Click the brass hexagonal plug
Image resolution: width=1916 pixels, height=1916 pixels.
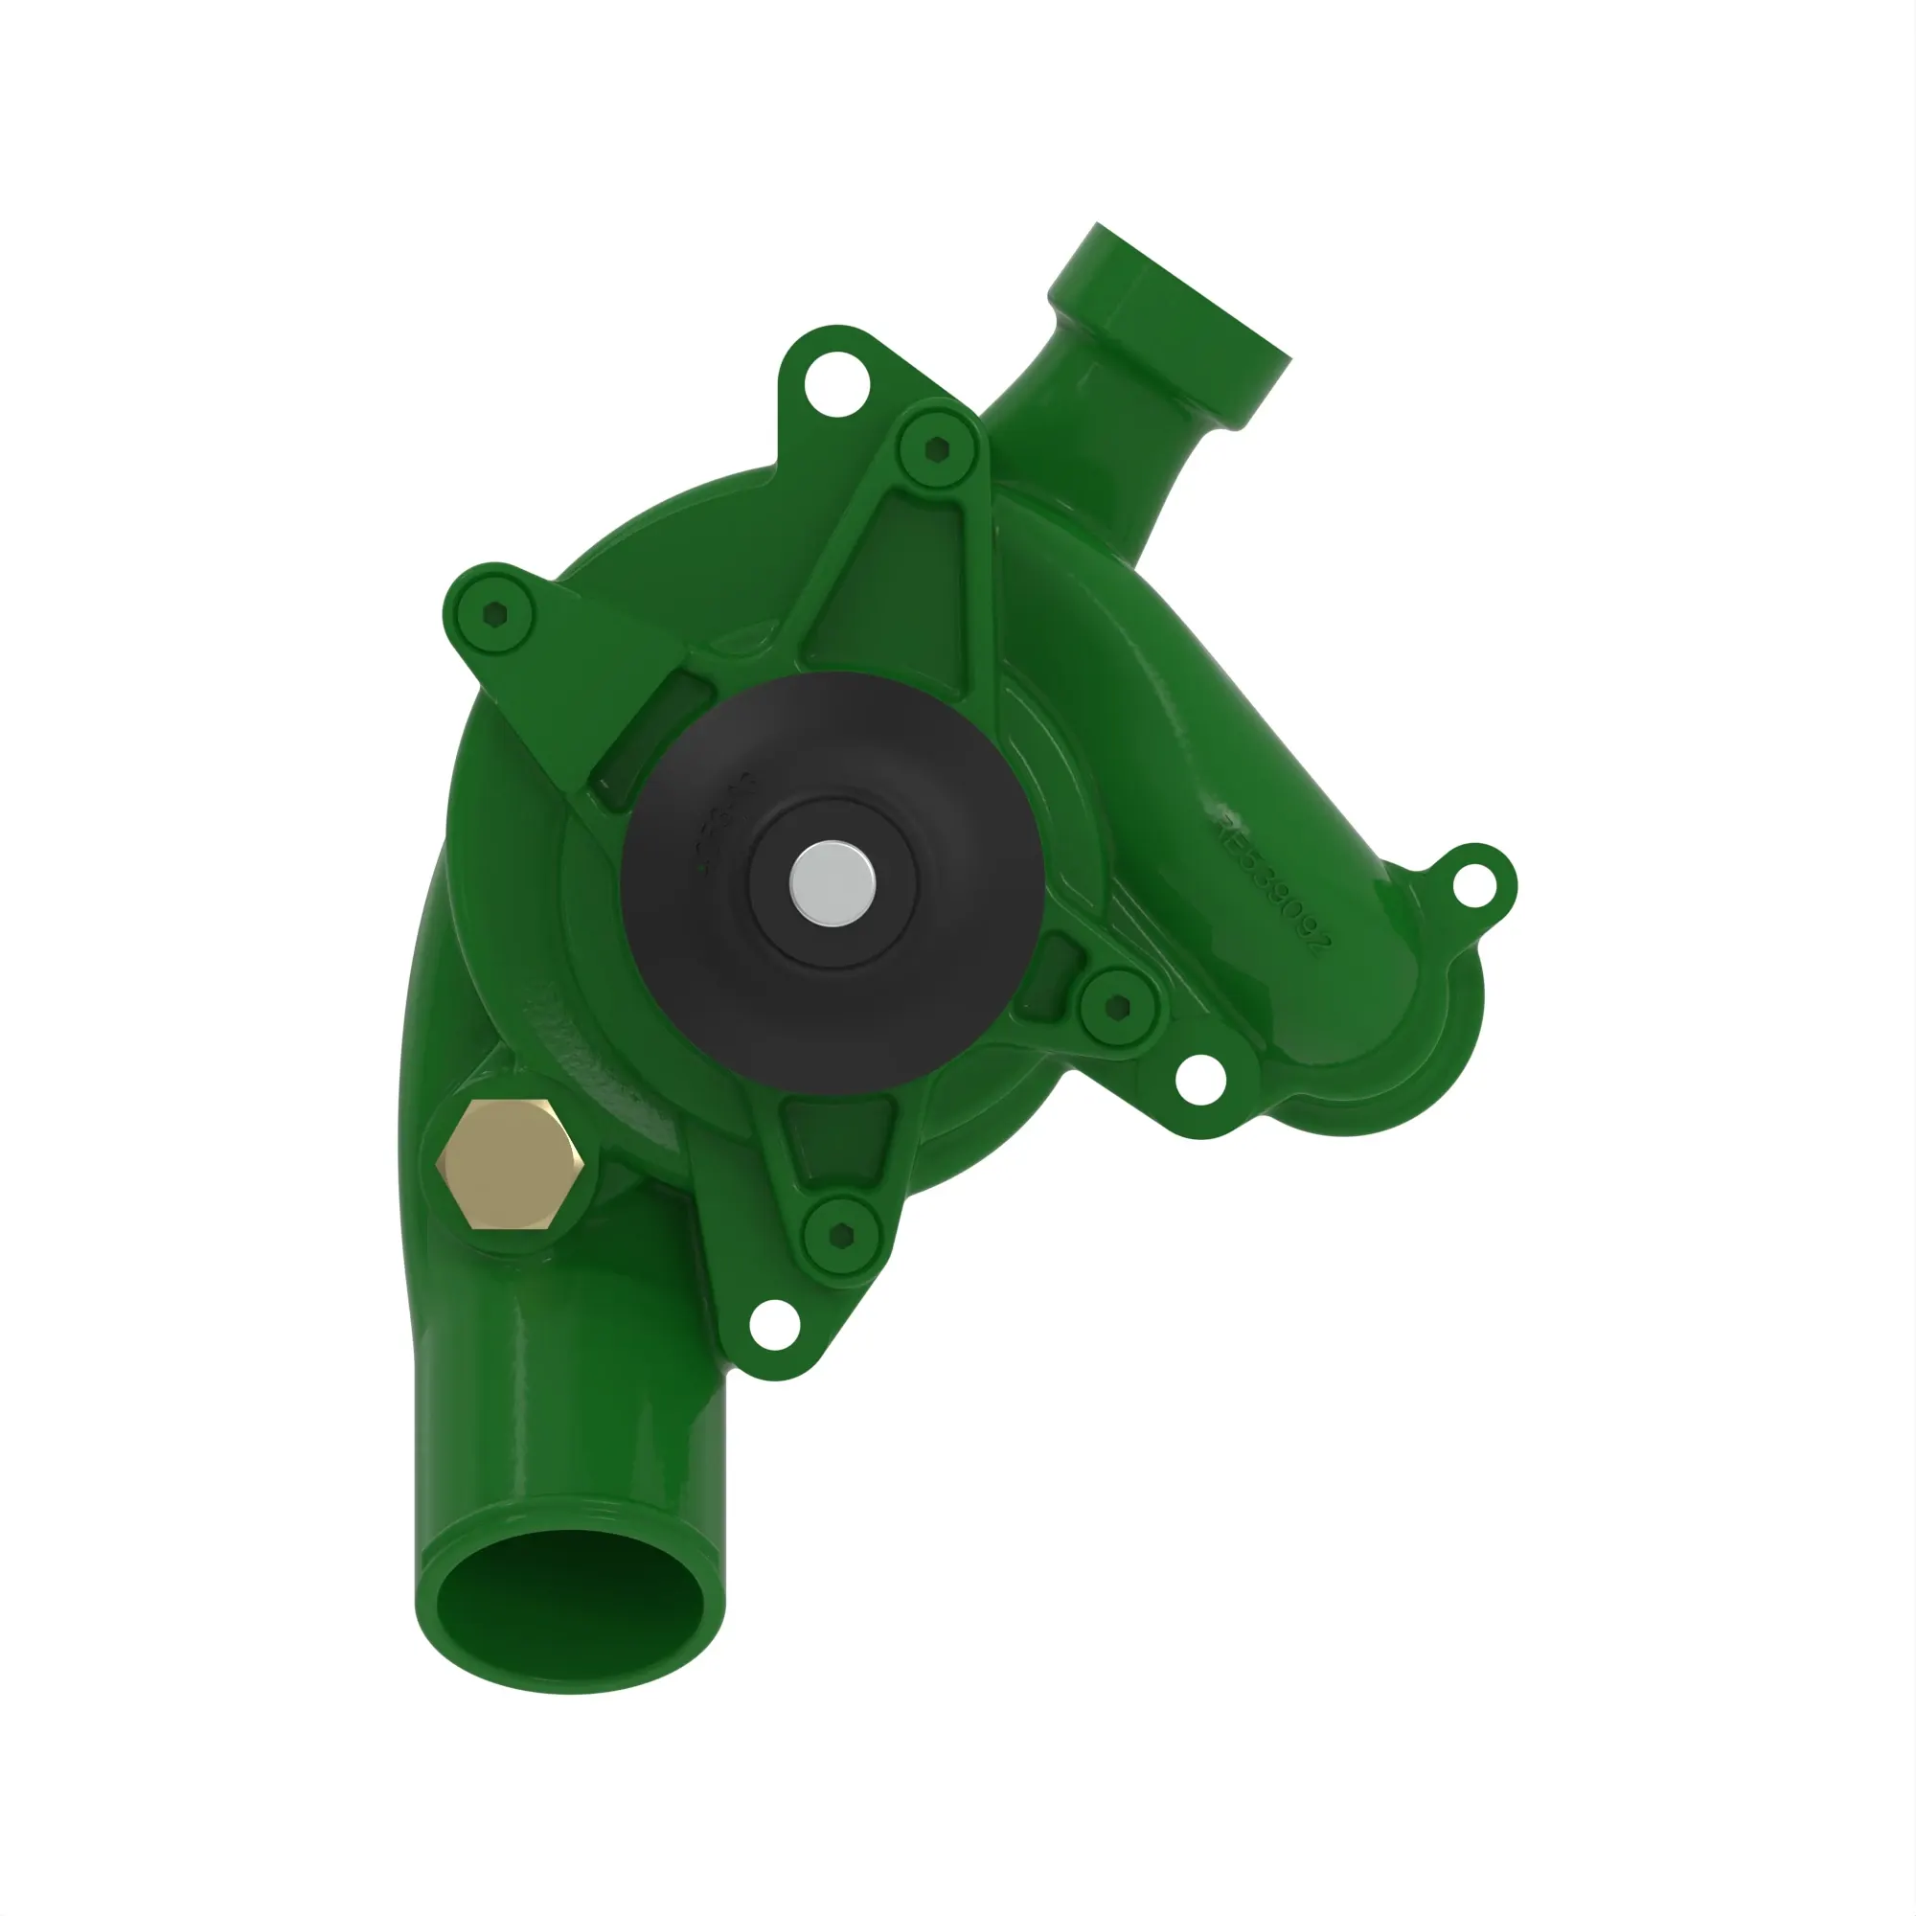(509, 1164)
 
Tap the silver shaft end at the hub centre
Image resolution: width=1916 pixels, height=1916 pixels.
(833, 882)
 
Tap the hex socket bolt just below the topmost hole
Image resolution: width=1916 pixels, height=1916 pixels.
(937, 450)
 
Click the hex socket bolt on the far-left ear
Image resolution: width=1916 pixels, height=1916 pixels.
(495, 616)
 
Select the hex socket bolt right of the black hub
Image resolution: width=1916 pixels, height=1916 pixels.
(1118, 1007)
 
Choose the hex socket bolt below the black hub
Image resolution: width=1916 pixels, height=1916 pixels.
(841, 1234)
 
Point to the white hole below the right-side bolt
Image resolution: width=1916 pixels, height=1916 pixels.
(1200, 1080)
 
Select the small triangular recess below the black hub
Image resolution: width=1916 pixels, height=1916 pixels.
(838, 1135)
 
